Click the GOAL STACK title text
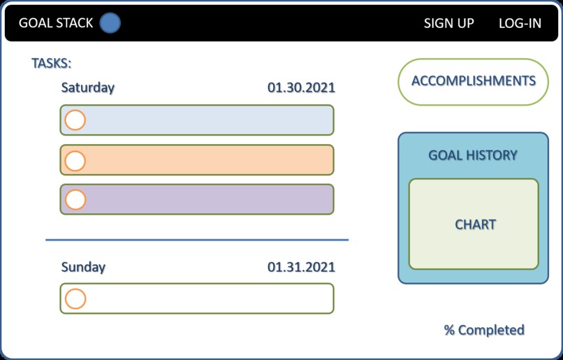pyautogui.click(x=55, y=23)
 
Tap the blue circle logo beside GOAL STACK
pyautogui.click(x=110, y=23)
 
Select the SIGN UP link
pyautogui.click(x=448, y=23)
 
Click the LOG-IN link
pyautogui.click(x=520, y=23)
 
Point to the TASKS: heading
pyautogui.click(x=52, y=64)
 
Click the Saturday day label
pyautogui.click(x=88, y=88)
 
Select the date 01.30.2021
pyautogui.click(x=301, y=88)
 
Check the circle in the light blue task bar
pyautogui.click(x=75, y=120)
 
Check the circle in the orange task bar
pyautogui.click(x=75, y=160)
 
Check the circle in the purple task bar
pyautogui.click(x=75, y=200)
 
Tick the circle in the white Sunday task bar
pyautogui.click(x=75, y=299)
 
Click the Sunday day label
pyautogui.click(x=83, y=267)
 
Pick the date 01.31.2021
pyautogui.click(x=301, y=267)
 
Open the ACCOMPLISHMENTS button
pyautogui.click(x=473, y=81)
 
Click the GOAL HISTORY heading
pyautogui.click(x=473, y=155)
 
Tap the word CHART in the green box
pyautogui.click(x=475, y=225)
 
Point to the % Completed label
pyautogui.click(x=484, y=330)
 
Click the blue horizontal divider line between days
pyautogui.click(x=197, y=240)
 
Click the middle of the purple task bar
pyautogui.click(x=197, y=200)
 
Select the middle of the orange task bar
pyautogui.click(x=197, y=160)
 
